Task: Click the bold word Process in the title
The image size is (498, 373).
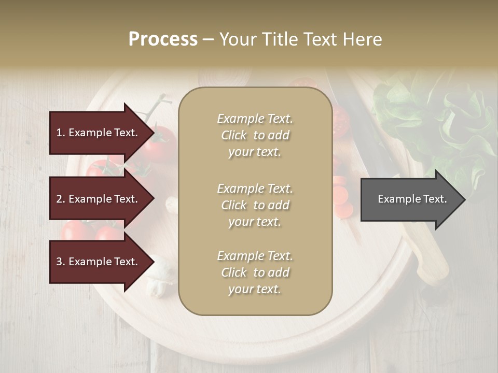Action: [x=163, y=39]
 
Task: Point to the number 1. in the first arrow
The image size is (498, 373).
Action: [x=61, y=133]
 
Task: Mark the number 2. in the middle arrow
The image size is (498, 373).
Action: [x=61, y=199]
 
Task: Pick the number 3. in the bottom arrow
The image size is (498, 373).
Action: [x=61, y=262]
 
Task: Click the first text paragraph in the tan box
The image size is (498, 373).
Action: [x=255, y=135]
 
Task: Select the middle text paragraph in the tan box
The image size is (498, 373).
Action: [x=255, y=205]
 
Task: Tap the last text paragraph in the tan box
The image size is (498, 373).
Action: [x=255, y=272]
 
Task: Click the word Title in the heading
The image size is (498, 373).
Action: [x=281, y=39]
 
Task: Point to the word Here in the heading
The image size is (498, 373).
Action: [x=363, y=39]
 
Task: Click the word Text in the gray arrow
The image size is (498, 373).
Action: [x=436, y=199]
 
